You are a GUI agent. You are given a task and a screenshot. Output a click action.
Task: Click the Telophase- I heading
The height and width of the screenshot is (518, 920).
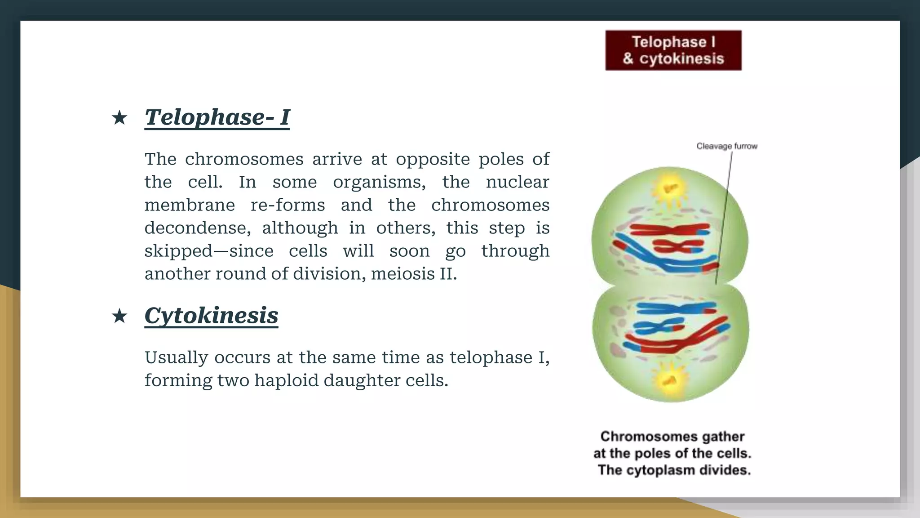[217, 117]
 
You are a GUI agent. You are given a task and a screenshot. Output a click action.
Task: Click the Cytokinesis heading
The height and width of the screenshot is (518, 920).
[211, 316]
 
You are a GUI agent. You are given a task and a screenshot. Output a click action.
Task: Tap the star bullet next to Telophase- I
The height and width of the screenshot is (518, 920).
[119, 118]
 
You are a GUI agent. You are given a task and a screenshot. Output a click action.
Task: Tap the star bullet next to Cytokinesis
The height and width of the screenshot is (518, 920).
[119, 316]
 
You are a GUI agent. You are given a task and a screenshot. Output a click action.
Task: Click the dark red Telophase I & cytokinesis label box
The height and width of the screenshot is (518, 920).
[673, 50]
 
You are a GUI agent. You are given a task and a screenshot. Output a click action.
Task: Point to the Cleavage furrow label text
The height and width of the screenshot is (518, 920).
[726, 146]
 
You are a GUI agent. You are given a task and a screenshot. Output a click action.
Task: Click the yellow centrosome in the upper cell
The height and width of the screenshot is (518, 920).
[670, 188]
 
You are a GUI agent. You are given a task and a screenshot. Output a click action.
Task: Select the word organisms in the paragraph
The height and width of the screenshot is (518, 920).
[379, 183]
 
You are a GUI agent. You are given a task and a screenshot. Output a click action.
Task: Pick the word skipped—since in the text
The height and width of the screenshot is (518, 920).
[208, 251]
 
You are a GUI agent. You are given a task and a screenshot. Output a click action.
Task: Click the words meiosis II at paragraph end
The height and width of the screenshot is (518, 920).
[413, 274]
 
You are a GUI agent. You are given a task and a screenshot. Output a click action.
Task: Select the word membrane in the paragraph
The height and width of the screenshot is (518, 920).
[190, 205]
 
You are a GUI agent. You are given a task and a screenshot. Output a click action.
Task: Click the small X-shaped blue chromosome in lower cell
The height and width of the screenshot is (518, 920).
[660, 326]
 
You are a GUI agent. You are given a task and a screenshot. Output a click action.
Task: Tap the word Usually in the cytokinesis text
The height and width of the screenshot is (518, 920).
[176, 358]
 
